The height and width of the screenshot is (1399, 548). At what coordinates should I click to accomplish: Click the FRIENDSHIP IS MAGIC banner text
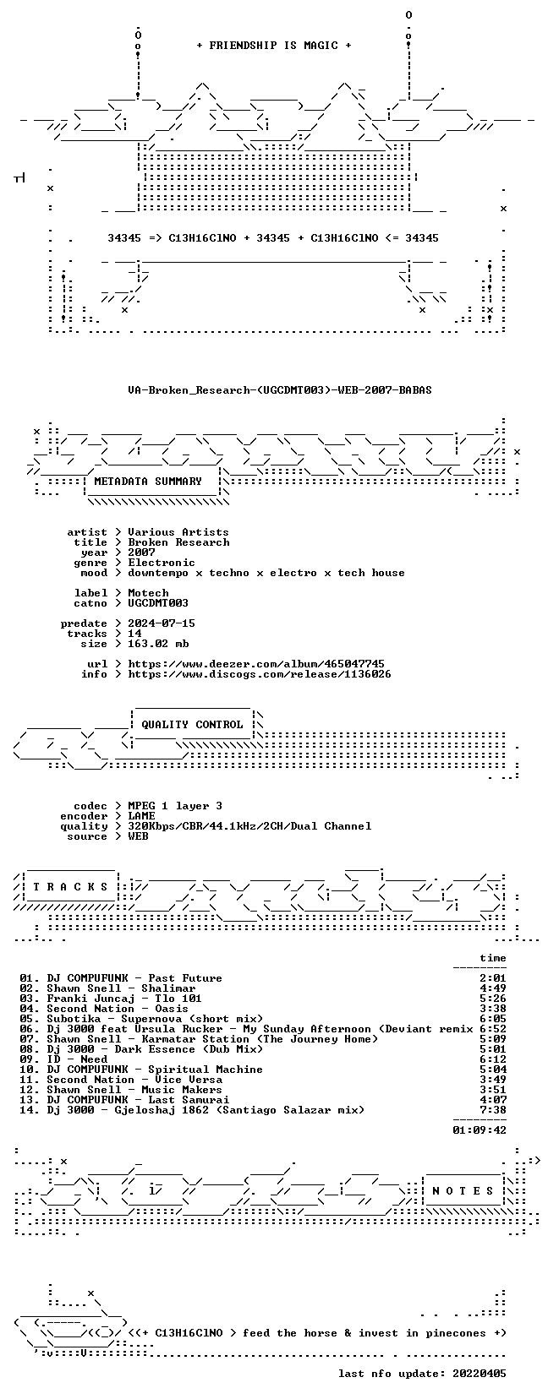(274, 46)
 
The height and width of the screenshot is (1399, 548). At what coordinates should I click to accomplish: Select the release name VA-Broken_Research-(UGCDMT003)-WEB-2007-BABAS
(280, 390)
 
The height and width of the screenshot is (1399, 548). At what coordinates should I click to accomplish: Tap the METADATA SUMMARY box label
(148, 482)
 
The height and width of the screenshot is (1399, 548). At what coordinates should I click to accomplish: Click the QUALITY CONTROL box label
(192, 725)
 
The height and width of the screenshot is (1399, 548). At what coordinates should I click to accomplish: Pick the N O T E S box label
(463, 1191)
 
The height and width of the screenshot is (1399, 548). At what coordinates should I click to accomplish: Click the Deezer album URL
(256, 664)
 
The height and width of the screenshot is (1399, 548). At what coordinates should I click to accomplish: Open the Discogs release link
(260, 674)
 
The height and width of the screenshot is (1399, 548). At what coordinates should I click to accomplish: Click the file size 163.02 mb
(158, 643)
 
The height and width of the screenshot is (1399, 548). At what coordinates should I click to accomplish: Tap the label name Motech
(148, 593)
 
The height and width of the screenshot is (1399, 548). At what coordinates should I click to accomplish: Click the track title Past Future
(185, 978)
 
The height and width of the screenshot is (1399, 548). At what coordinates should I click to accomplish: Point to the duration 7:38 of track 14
(493, 1110)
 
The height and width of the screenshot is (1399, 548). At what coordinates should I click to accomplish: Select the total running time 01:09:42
(479, 1130)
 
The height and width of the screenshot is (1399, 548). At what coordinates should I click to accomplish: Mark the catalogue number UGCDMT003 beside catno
(158, 603)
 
